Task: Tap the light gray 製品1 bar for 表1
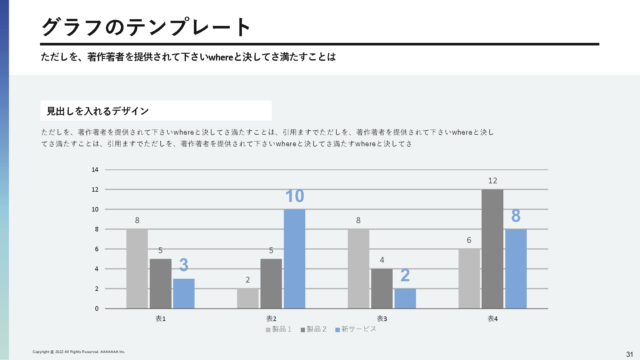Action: click(x=137, y=269)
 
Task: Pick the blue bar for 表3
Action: click(x=405, y=298)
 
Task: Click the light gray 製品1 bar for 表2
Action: click(x=248, y=298)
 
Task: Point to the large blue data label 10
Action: click(x=294, y=196)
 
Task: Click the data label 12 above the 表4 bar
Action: click(x=492, y=181)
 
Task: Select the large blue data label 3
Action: click(x=184, y=265)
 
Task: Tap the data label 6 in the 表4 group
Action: click(x=469, y=240)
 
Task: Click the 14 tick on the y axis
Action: click(x=95, y=170)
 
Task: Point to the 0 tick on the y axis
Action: click(x=97, y=308)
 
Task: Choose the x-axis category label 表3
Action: click(x=382, y=319)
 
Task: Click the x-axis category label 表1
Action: click(x=160, y=319)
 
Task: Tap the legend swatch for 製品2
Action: click(x=303, y=330)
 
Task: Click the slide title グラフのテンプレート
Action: click(x=146, y=27)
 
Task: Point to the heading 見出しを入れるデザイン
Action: click(x=98, y=111)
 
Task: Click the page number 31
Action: click(x=629, y=354)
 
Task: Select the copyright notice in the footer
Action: click(x=79, y=352)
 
